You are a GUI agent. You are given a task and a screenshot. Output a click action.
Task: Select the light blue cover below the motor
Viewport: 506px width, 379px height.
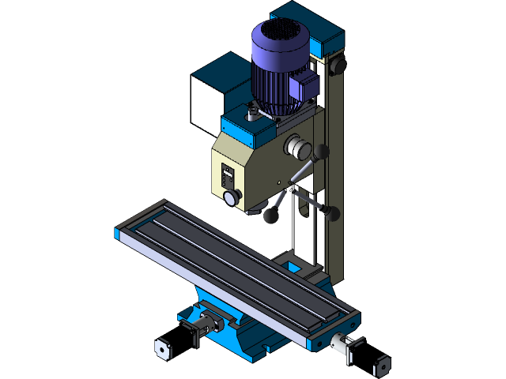(x=241, y=126)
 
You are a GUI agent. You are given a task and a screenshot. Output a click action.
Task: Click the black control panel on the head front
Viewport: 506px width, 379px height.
(x=228, y=174)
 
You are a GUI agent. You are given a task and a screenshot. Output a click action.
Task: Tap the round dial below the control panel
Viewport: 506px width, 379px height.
(x=231, y=197)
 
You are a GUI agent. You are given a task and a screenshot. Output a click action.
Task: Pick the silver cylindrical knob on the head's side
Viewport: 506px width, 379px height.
(x=296, y=147)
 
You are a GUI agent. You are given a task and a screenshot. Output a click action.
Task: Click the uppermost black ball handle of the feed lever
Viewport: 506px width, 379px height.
(x=321, y=151)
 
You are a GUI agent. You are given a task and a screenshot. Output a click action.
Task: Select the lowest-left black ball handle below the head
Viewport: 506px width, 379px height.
(x=271, y=215)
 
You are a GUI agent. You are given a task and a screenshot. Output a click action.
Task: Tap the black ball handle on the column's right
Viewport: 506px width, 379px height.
(x=333, y=212)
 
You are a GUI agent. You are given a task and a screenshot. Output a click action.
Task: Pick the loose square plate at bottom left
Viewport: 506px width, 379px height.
(x=162, y=348)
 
